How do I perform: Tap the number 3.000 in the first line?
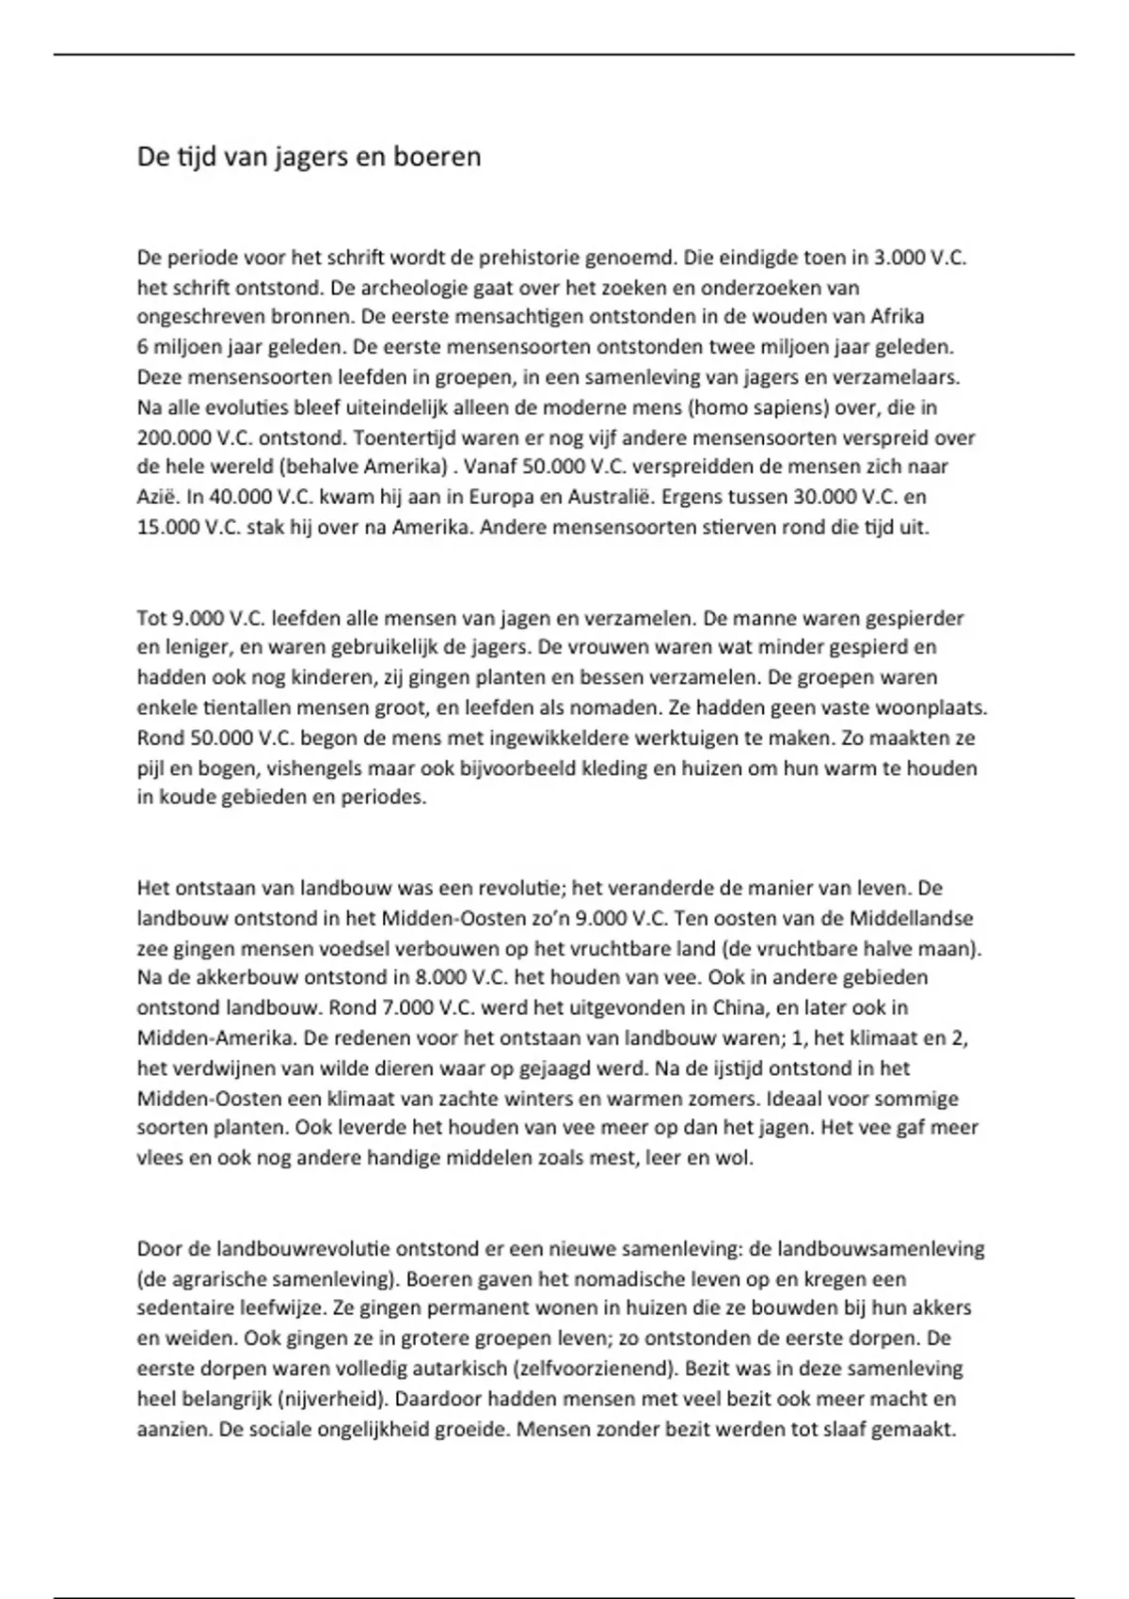pyautogui.click(x=899, y=258)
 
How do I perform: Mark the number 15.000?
pyautogui.click(x=168, y=527)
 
